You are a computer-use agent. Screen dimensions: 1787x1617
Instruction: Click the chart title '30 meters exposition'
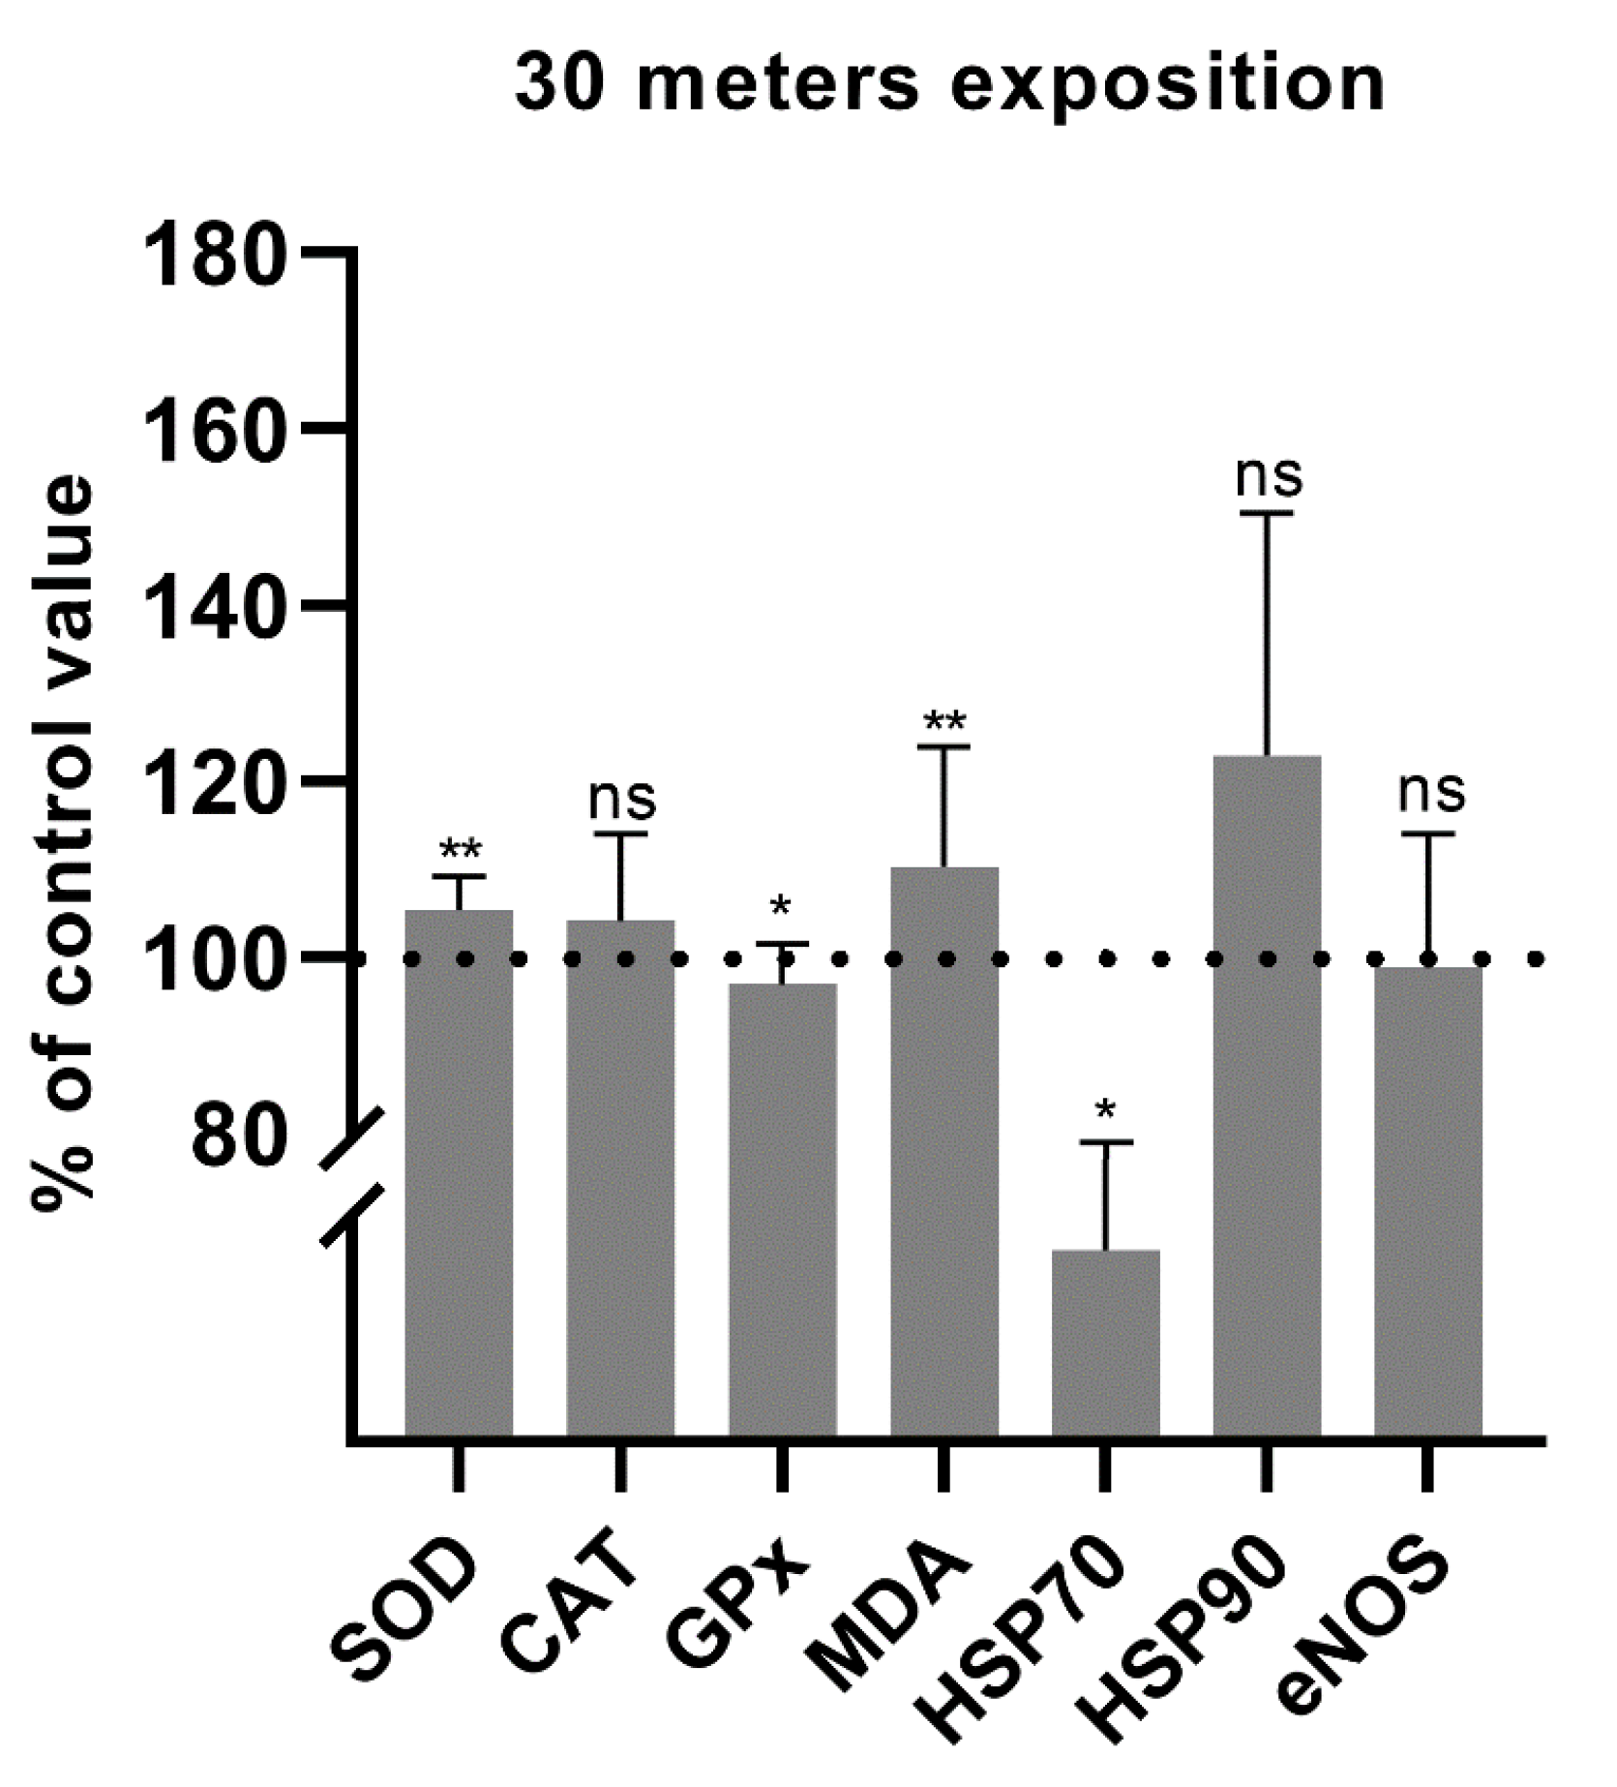(949, 85)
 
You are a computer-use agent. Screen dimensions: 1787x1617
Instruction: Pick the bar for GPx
(782, 1210)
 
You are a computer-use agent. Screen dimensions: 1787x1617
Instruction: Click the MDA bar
(943, 1152)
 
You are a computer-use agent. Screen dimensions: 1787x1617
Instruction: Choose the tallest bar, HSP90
(1267, 1094)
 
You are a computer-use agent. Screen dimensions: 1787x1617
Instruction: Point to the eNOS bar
(1428, 1200)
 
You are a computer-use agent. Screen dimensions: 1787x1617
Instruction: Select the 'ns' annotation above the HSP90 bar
(1269, 476)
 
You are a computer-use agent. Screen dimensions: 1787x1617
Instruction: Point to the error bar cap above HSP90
(1267, 513)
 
